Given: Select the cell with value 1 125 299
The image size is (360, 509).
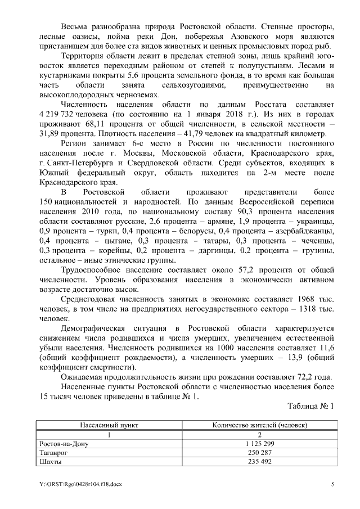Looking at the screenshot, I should coord(260,444).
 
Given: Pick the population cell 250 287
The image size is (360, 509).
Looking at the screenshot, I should coord(260,453).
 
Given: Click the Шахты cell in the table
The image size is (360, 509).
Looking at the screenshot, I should coord(51,462).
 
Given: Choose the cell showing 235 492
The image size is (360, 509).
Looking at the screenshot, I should coord(260,462).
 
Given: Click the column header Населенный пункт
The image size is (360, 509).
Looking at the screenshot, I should coord(109,426).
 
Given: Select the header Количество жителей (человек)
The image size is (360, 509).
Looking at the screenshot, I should coord(260,426).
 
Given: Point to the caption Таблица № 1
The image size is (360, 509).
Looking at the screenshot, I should coord(310,406).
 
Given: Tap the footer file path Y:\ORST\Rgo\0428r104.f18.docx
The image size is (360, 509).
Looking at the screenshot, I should coord(80,484).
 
